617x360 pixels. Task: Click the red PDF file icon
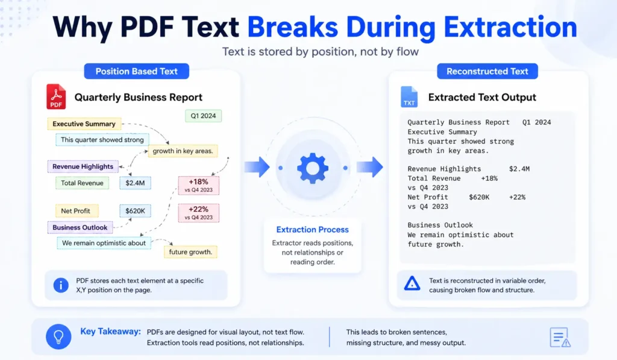(56, 97)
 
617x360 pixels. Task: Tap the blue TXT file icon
(409, 97)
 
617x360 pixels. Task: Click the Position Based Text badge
(136, 71)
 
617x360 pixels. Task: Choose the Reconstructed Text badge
(487, 71)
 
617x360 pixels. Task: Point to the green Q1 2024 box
(204, 116)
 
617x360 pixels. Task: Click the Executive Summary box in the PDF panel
(84, 124)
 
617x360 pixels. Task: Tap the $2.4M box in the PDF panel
(135, 183)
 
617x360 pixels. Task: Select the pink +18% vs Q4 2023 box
(199, 185)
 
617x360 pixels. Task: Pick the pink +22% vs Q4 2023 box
(199, 213)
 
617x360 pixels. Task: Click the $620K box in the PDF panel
(135, 211)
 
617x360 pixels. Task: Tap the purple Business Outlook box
(80, 227)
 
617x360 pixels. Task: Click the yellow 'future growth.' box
(190, 251)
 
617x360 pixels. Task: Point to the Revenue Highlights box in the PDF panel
(83, 166)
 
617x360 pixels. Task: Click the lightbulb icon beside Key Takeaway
(58, 336)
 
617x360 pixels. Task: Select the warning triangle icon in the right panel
(412, 283)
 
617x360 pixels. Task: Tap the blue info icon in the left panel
(61, 285)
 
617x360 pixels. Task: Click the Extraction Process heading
(312, 230)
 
